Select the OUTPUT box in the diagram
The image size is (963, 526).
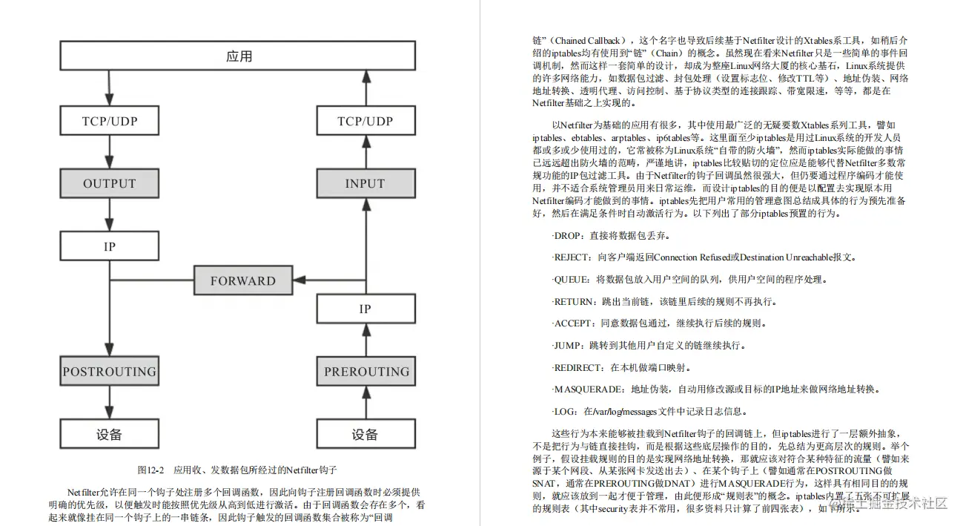point(110,183)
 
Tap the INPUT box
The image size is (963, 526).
point(365,183)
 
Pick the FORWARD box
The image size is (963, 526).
point(242,280)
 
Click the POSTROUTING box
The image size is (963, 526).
point(110,371)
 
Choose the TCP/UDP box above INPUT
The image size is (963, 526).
point(365,120)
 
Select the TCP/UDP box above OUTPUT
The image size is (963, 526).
point(110,120)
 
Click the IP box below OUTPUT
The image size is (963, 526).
point(110,246)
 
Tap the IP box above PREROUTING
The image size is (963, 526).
point(365,309)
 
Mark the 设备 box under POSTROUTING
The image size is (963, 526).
point(110,435)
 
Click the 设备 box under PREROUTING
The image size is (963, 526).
point(365,435)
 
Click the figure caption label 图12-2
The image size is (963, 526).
point(150,470)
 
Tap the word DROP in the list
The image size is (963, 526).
point(569,235)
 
